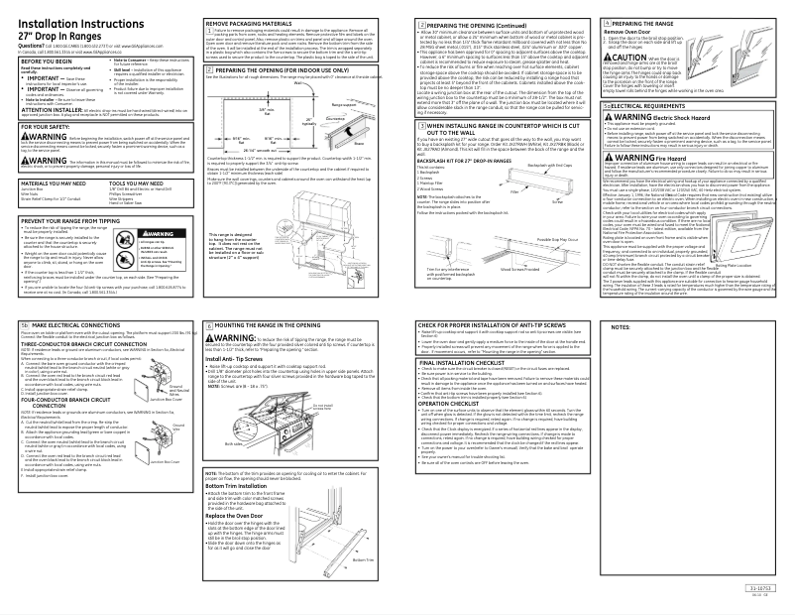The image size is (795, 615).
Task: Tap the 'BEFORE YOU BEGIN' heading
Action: [x=40, y=61]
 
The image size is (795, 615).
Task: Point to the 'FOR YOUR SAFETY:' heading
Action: [x=39, y=126]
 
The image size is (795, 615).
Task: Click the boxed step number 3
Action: [x=424, y=126]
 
